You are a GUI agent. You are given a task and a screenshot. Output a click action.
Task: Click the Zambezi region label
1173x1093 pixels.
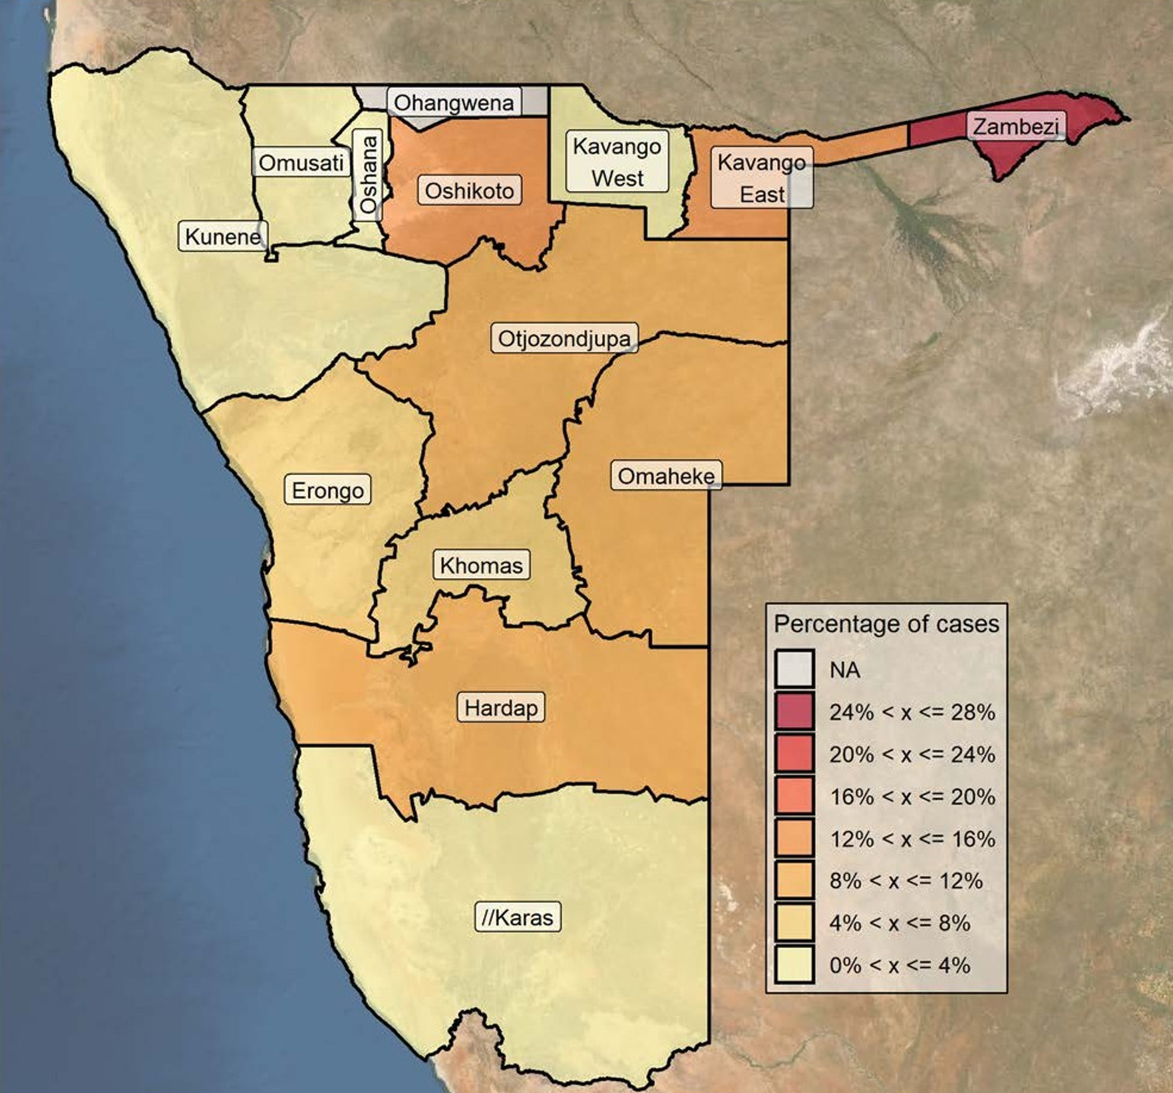tap(1016, 126)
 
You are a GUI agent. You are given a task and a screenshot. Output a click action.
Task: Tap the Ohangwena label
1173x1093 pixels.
tap(454, 103)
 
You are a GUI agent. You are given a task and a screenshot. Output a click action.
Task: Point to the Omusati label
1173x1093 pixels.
tap(301, 163)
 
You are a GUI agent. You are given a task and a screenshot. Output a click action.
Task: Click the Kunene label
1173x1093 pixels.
tap(223, 236)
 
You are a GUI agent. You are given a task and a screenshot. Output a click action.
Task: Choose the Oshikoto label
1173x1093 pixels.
tap(469, 191)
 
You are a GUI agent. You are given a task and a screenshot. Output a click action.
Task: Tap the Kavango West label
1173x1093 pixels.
tap(617, 162)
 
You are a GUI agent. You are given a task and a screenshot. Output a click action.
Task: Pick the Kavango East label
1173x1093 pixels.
tap(762, 178)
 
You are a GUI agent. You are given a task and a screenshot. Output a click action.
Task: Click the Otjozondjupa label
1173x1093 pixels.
tap(564, 339)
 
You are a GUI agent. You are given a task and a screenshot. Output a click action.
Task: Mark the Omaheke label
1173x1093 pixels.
tap(666, 476)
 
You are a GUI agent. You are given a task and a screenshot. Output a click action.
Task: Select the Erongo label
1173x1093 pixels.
tap(327, 490)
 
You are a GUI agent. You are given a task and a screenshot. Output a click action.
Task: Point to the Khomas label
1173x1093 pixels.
tap(481, 565)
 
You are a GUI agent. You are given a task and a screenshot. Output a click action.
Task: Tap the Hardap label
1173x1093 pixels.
tap(500, 707)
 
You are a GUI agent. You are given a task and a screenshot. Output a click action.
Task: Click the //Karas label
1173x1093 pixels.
tap(517, 917)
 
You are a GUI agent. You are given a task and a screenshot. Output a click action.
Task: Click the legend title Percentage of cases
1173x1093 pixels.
tap(886, 624)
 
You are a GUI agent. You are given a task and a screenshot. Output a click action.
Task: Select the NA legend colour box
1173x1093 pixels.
tap(794, 669)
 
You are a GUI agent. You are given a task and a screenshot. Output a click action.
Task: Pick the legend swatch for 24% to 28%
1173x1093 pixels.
tap(794, 711)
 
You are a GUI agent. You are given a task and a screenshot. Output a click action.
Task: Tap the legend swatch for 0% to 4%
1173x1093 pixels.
tap(794, 965)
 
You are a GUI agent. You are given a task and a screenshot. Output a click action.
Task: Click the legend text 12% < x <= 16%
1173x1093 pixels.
tap(912, 839)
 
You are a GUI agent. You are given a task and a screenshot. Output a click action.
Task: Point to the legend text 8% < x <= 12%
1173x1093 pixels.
tap(906, 881)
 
